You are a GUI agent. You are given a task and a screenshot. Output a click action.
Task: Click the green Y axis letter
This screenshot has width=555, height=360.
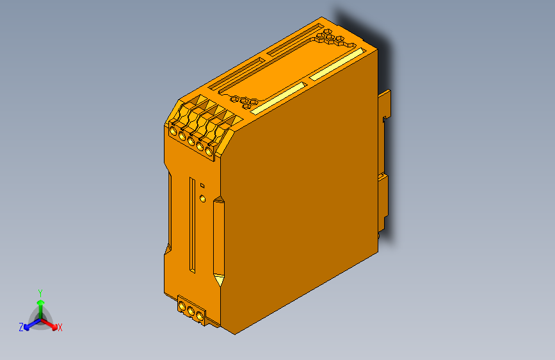coord(40,291)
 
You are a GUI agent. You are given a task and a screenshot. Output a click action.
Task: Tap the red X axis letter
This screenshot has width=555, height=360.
coord(60,327)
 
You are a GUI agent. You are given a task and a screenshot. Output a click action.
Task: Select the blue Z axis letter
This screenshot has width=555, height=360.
coord(21,327)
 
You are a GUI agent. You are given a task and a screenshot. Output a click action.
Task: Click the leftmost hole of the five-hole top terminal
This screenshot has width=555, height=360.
coord(173,131)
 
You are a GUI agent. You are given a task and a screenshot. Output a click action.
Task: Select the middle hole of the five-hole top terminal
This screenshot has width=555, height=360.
coord(191,140)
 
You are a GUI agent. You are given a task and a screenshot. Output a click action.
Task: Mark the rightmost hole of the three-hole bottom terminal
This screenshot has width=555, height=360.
coord(199,316)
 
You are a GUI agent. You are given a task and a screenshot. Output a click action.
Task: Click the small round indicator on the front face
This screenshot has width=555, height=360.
coord(203,198)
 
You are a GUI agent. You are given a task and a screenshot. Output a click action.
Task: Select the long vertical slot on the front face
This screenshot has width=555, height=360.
coord(191,224)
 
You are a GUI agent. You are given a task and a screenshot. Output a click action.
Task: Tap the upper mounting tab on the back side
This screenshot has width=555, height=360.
coord(385,106)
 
